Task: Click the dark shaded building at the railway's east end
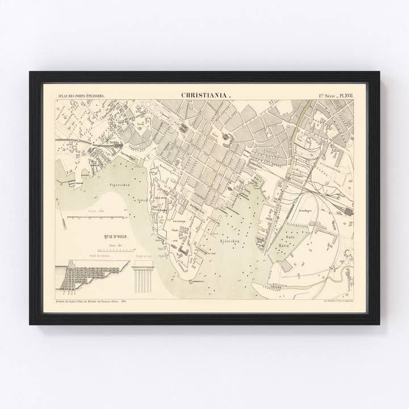[348, 211]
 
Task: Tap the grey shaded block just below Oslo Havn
[286, 265]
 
